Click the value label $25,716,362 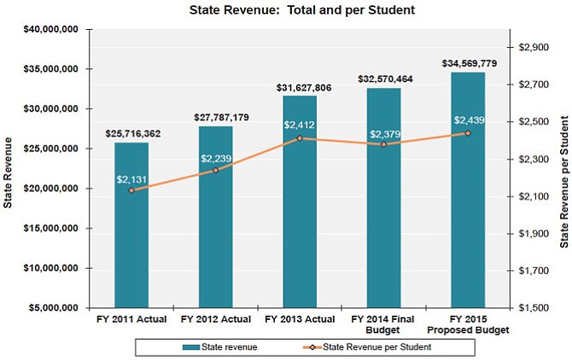tap(132, 134)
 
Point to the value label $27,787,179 tap(216, 118)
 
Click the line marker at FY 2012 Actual tap(216, 170)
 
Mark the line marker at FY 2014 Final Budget tap(384, 144)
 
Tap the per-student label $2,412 tap(300, 125)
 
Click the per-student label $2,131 tap(132, 177)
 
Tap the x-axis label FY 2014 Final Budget tap(384, 324)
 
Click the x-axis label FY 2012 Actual tap(216, 319)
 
